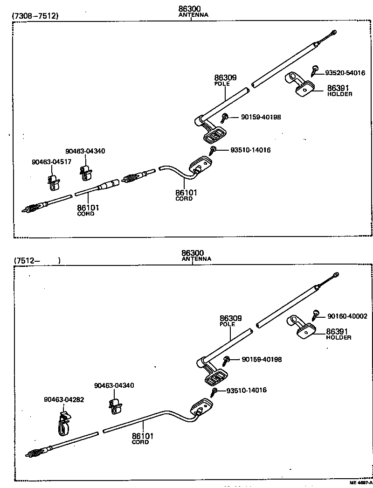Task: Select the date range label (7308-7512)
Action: click(35, 16)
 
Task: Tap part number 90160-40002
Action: click(347, 316)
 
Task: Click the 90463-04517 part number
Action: click(49, 162)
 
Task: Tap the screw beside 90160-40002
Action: click(316, 314)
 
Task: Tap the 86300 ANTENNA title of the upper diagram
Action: click(193, 11)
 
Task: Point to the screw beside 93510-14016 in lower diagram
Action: click(214, 391)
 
